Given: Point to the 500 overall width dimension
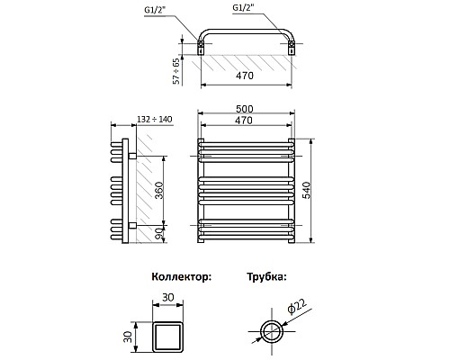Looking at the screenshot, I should click(x=246, y=109).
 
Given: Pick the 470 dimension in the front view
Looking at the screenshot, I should click(x=246, y=121).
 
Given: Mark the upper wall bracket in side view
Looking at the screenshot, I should click(x=132, y=157).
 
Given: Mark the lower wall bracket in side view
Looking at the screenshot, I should click(x=132, y=223).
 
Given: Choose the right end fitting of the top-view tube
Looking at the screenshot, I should click(x=294, y=45).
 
